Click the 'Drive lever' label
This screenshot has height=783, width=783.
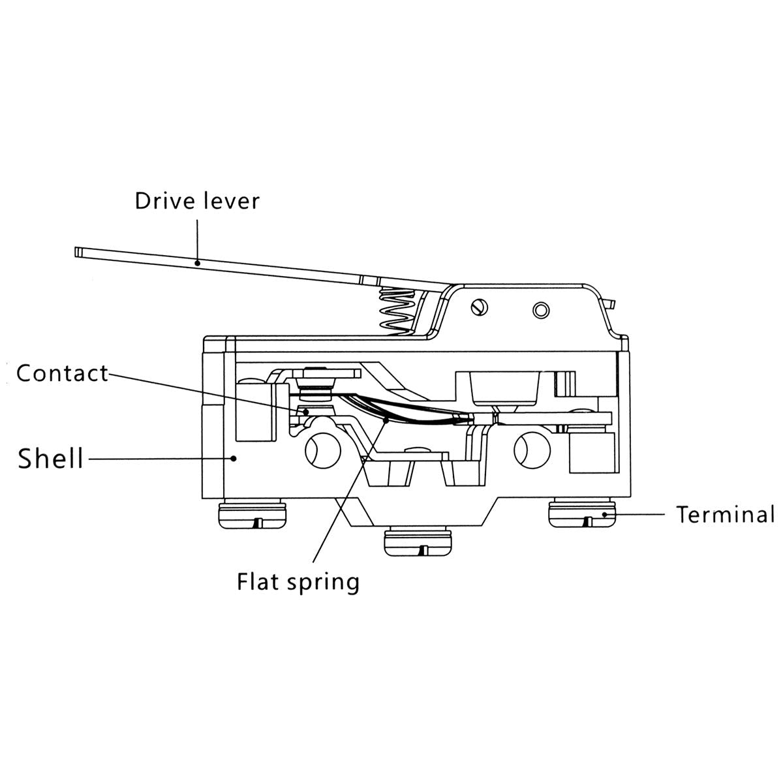pos(196,200)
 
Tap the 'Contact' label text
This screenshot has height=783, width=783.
pos(62,374)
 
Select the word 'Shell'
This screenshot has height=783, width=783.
pos(51,459)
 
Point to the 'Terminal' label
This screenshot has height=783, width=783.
pos(725,515)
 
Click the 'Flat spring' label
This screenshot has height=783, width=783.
pos(298,581)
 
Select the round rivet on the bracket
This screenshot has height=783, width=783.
pos(540,309)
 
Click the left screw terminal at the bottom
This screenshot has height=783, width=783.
pos(251,515)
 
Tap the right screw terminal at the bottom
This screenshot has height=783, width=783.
pos(582,514)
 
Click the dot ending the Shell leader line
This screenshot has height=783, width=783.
pos(234,459)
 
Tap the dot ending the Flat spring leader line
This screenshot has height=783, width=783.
pos(387,421)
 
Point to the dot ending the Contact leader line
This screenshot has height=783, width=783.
pos(305,411)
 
